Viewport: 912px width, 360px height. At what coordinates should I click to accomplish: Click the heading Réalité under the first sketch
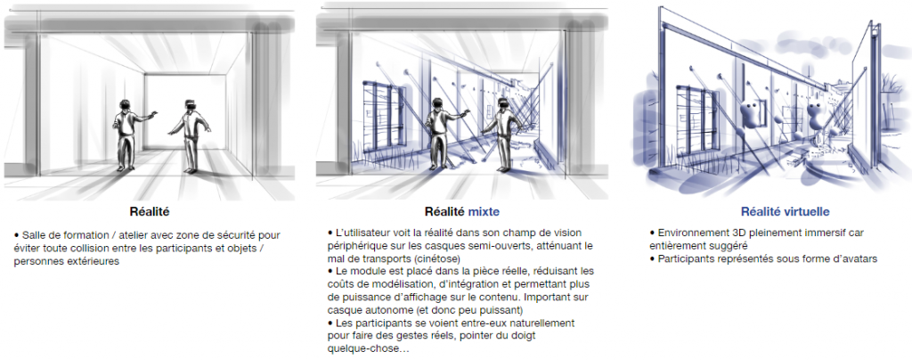pyautogui.click(x=150, y=212)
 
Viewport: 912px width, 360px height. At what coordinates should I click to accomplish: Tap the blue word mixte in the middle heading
pyautogui.click(x=483, y=212)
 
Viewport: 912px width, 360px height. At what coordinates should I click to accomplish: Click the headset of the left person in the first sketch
pyautogui.click(x=125, y=104)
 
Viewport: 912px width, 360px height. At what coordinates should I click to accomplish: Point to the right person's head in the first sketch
pyautogui.click(x=190, y=106)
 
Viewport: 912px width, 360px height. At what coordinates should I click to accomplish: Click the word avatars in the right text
pyautogui.click(x=859, y=259)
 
